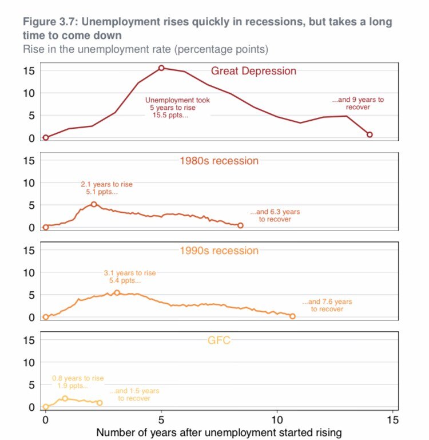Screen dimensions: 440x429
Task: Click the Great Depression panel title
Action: pyautogui.click(x=253, y=71)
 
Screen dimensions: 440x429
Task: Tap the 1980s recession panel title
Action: pyautogui.click(x=219, y=161)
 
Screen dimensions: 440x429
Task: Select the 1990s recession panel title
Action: pyautogui.click(x=219, y=251)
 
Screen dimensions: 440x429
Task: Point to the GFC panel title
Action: pyautogui.click(x=219, y=341)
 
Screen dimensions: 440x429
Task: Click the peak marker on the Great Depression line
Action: pyautogui.click(x=161, y=68)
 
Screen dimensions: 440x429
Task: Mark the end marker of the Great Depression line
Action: pyautogui.click(x=370, y=134)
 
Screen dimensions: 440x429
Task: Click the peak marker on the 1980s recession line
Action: pyautogui.click(x=94, y=204)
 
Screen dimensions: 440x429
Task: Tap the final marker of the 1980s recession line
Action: pyautogui.click(x=240, y=225)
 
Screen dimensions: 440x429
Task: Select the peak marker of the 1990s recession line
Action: pyautogui.click(x=117, y=292)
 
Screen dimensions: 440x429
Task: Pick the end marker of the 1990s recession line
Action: pyautogui.click(x=292, y=316)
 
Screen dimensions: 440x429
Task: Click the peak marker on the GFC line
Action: pyautogui.click(x=65, y=398)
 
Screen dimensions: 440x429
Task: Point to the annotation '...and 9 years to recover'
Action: pyautogui.click(x=358, y=103)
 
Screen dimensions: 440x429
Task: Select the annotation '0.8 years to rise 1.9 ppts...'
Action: pyautogui.click(x=78, y=382)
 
